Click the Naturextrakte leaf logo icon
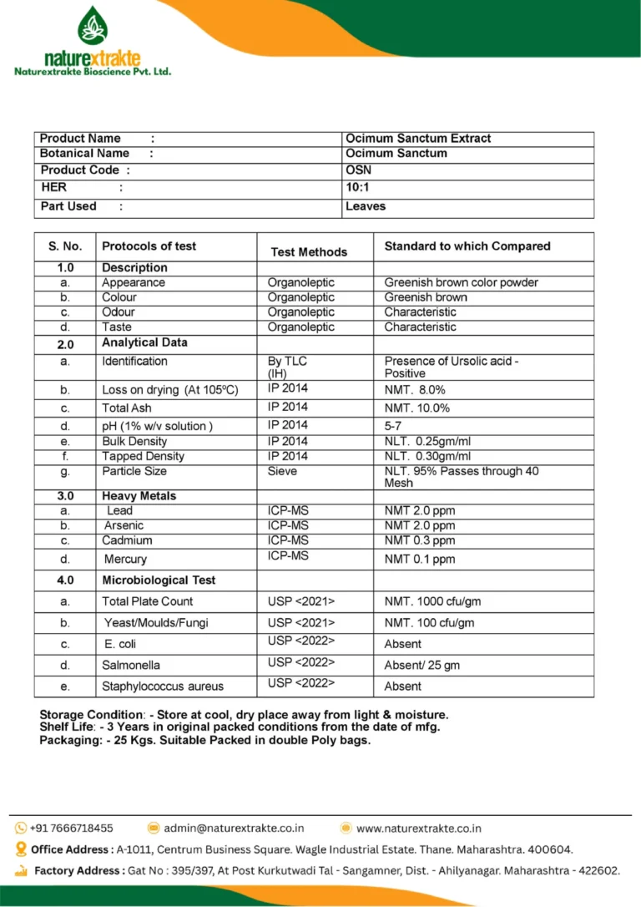coord(93,26)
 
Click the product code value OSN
coord(359,170)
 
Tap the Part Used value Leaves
coord(366,206)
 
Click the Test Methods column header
coord(309,251)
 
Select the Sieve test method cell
coord(282,471)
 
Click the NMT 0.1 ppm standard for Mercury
coord(420,559)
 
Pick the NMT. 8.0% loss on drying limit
coord(415,390)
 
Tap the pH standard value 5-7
coord(393,426)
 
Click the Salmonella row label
coord(131,666)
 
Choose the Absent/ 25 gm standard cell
coord(421,666)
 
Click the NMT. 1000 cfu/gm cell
coord(432,601)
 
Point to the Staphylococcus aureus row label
coord(163,687)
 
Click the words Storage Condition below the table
coord(91,715)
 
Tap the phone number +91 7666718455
coord(71,828)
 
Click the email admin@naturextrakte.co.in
coord(234,828)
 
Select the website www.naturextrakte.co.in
coord(418,828)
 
